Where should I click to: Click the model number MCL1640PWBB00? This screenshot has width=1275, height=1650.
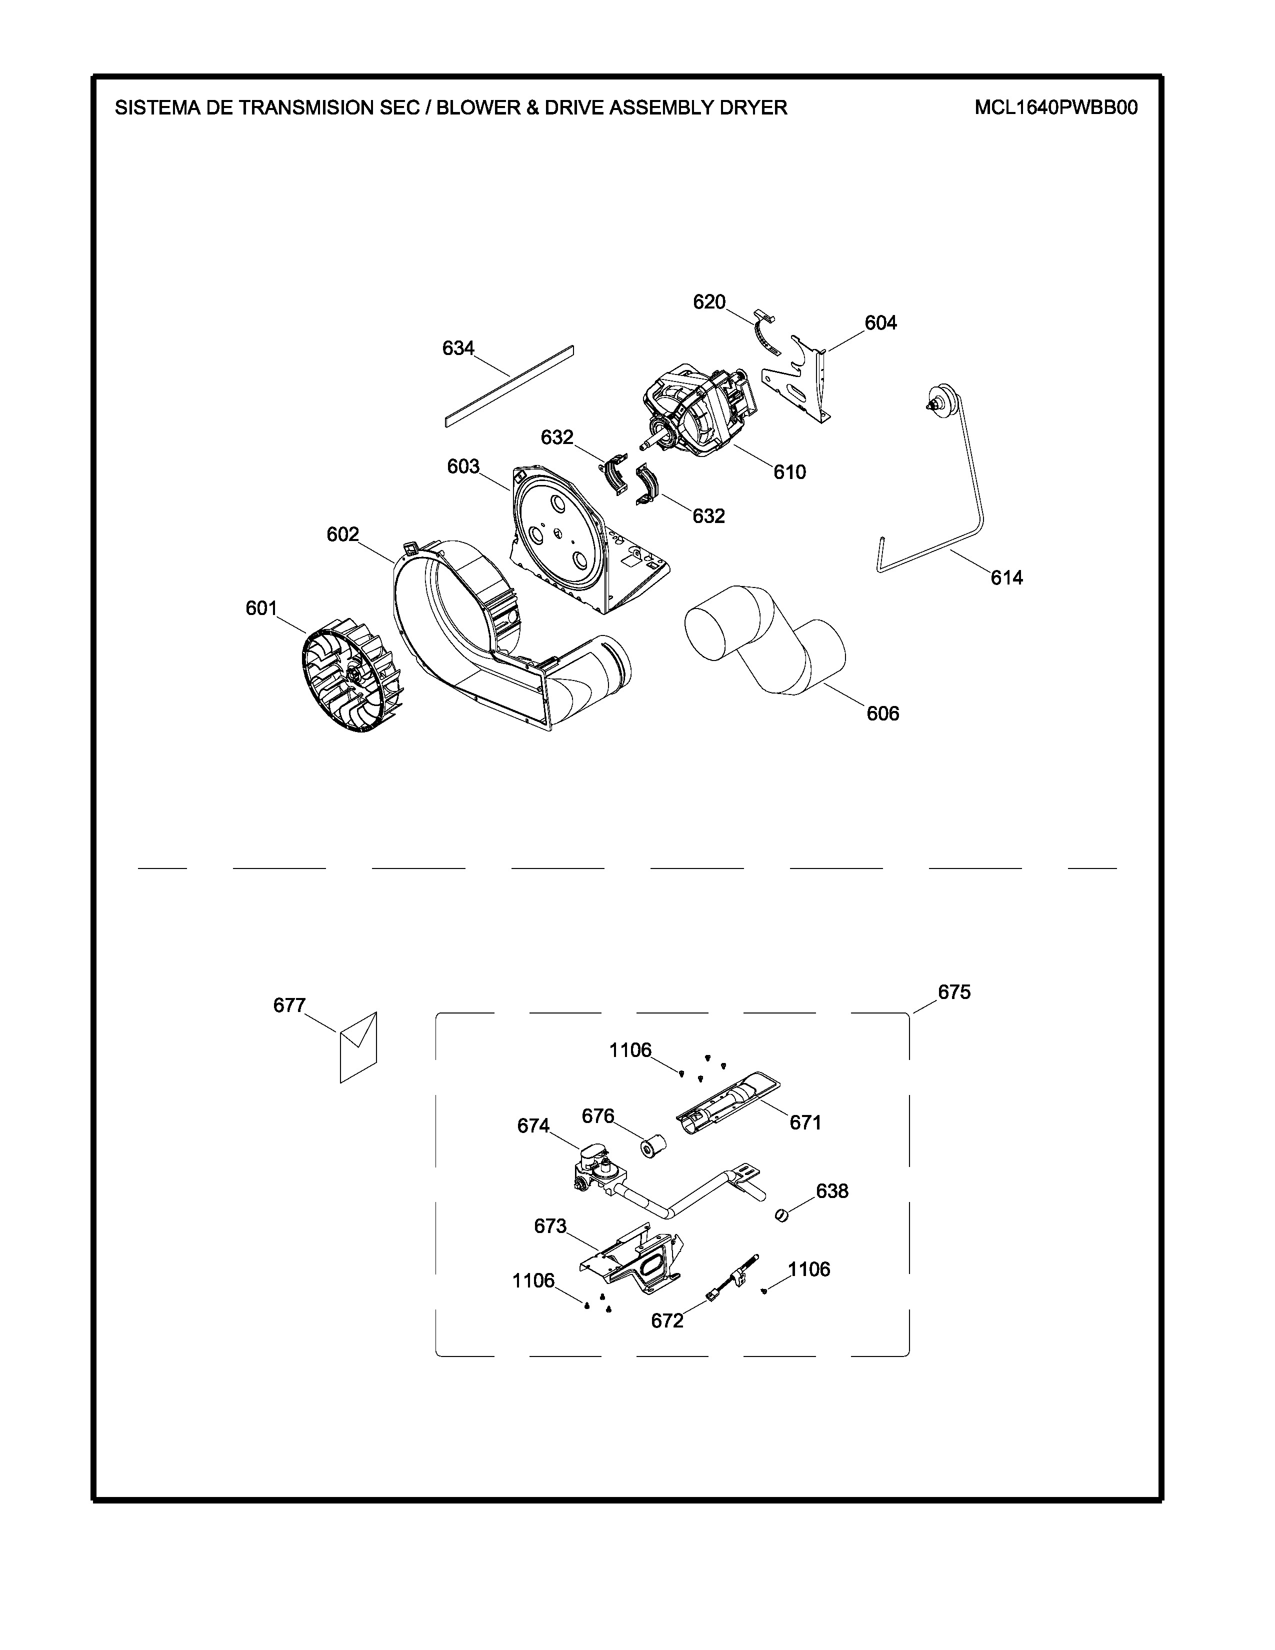click(x=1055, y=107)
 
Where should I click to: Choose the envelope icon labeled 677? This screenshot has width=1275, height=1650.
click(x=358, y=1046)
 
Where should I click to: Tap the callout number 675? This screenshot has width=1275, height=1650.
click(x=954, y=992)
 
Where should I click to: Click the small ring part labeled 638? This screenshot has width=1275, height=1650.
click(x=782, y=1215)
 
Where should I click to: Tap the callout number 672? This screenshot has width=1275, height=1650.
click(x=667, y=1321)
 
